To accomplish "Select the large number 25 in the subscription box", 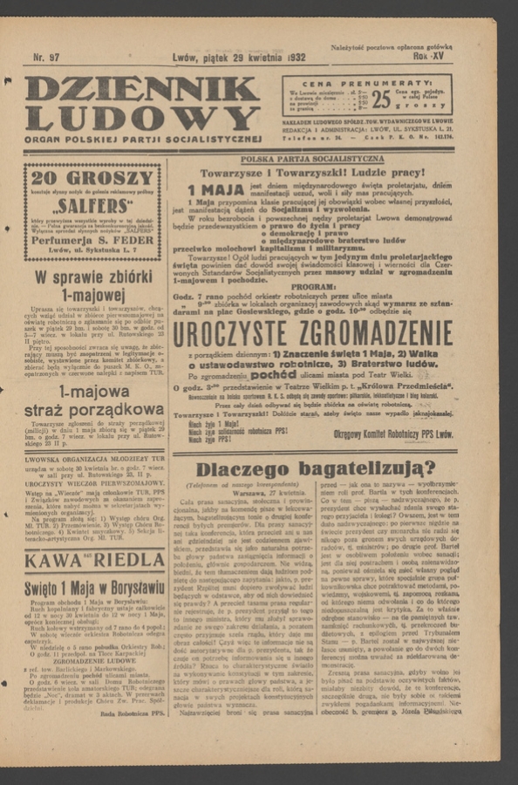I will click(x=382, y=99).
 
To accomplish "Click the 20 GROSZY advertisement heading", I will click(x=92, y=177).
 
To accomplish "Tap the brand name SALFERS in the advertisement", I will click(x=92, y=207).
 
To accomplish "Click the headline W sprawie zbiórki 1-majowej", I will click(x=92, y=287).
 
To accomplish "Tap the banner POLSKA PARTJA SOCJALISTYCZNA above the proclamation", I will click(x=311, y=160).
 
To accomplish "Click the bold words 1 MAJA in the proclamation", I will click(x=218, y=190).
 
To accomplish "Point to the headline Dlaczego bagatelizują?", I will click(x=311, y=470).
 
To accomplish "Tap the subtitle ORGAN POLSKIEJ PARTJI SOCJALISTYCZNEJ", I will click(x=143, y=138).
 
